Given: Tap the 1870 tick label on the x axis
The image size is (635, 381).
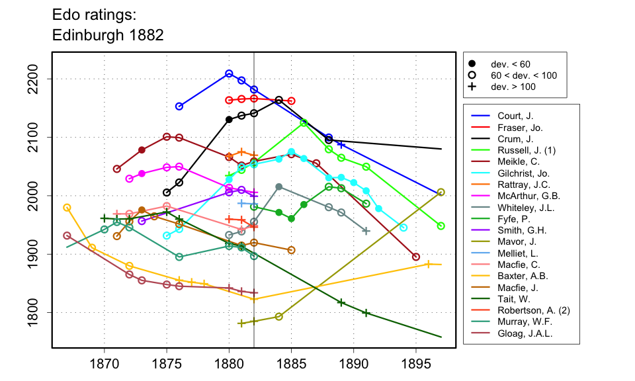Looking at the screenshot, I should [x=104, y=364].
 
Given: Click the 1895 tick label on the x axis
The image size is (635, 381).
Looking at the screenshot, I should [x=416, y=364].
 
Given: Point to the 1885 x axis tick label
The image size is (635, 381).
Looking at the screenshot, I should [x=291, y=364].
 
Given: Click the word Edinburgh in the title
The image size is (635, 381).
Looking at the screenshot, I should [x=89, y=34].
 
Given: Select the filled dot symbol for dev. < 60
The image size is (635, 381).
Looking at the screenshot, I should [x=472, y=64].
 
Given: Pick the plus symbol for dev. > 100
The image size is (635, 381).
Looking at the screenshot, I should [x=472, y=87].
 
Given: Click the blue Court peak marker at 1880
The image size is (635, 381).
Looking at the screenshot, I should [x=229, y=73].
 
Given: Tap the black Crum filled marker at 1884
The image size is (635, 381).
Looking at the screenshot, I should [x=279, y=100].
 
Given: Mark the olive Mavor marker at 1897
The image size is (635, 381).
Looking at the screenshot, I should [x=441, y=192].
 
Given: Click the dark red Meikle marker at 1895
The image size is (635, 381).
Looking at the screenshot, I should [x=416, y=257].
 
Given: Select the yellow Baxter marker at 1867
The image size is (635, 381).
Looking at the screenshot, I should [x=67, y=207].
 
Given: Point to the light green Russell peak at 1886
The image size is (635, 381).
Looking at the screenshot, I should [x=304, y=123].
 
